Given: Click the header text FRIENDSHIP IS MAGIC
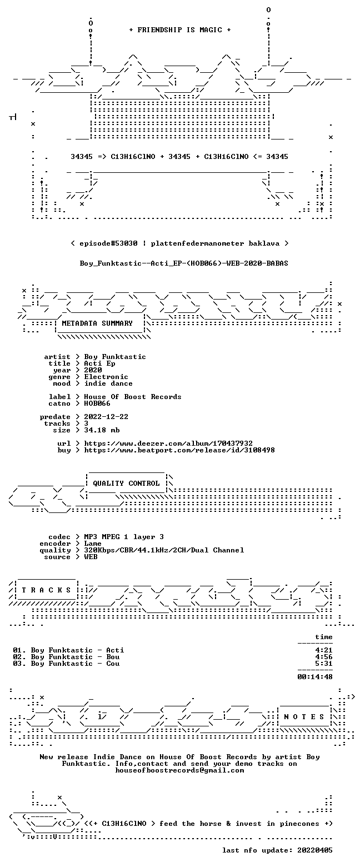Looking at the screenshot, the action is click(x=180, y=30).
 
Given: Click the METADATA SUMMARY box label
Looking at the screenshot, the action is click(x=97, y=323).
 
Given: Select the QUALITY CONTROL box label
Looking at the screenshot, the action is click(x=126, y=484).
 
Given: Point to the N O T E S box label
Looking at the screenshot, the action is click(x=304, y=717).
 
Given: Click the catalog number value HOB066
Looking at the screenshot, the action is click(x=97, y=403).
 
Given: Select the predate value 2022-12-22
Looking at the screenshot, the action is click(x=106, y=417).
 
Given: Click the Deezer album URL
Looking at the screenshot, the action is click(x=168, y=444).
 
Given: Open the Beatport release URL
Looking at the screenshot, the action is click(x=179, y=450).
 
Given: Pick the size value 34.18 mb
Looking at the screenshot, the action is click(x=102, y=430).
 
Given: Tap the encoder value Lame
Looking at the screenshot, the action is click(x=93, y=544).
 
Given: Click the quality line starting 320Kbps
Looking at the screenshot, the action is click(x=164, y=550).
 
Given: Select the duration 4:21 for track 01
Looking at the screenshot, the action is click(x=324, y=650).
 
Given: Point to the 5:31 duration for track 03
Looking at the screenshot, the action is click(x=324, y=664).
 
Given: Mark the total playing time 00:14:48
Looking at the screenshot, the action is click(x=314, y=677).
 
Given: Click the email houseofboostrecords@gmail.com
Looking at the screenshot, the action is click(x=179, y=770).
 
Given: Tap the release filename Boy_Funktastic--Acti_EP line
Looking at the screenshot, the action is click(x=184, y=263).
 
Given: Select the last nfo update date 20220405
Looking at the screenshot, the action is click(x=314, y=850).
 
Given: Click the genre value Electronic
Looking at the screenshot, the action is click(x=106, y=377).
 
